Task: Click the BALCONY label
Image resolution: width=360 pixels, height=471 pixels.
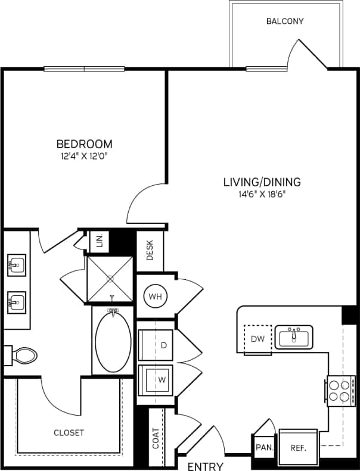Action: coord(285,21)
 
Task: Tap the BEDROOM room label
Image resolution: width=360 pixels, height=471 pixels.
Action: coord(84,144)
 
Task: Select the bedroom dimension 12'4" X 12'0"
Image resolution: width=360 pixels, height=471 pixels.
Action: coord(84,156)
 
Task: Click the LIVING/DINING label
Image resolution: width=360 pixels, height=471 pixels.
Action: coord(262,182)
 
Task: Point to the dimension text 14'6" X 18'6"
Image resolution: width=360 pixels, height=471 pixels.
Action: coord(262,194)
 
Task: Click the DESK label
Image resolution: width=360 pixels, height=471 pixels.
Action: coord(149,250)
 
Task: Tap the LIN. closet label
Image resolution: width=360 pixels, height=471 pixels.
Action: coord(100,241)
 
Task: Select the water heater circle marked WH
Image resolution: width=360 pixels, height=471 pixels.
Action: coord(156,295)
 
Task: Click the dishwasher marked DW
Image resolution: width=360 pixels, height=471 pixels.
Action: coord(257,340)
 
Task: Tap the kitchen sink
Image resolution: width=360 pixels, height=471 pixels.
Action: coord(293,337)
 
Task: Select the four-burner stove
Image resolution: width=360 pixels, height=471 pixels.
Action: coord(340,390)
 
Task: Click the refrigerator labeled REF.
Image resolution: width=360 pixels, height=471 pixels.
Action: coord(298,447)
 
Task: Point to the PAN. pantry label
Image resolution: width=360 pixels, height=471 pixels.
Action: coord(263,447)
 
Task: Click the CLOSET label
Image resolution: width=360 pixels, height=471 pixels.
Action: coord(69,433)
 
